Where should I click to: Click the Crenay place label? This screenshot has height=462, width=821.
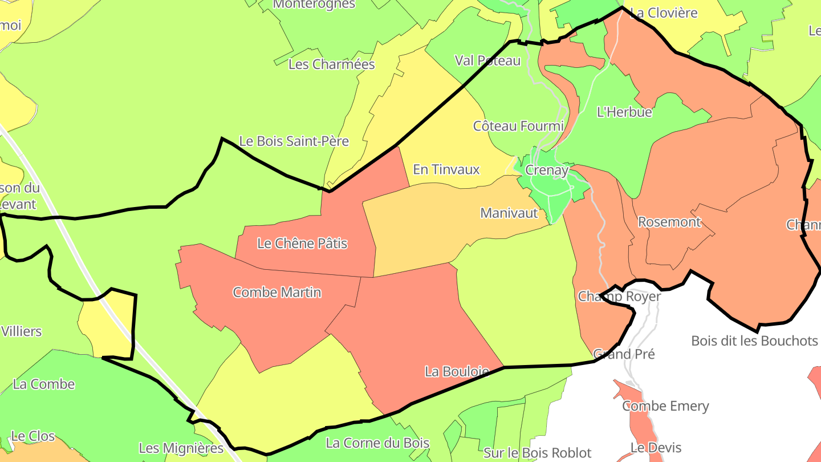tap(547, 170)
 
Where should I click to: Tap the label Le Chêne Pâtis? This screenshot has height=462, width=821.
tap(302, 244)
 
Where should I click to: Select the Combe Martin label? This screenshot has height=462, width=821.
tap(277, 293)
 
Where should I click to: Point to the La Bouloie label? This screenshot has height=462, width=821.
tap(457, 371)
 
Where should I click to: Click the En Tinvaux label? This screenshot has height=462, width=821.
tap(446, 169)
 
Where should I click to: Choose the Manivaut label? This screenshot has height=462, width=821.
tap(509, 213)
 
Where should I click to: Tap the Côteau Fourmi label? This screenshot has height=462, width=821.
tap(518, 126)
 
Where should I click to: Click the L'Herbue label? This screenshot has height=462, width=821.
tap(624, 112)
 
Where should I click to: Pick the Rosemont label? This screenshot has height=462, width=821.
tap(669, 222)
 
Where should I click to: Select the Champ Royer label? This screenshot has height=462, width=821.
tap(619, 297)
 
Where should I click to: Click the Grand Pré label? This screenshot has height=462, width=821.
tap(624, 354)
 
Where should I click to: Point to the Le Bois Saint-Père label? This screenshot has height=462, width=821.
tap(294, 141)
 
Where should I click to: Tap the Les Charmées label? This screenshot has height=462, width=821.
tap(332, 64)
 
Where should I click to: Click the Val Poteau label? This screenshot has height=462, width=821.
tap(487, 60)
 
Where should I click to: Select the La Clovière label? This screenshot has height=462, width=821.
tap(664, 13)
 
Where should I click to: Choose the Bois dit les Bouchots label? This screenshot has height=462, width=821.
tap(754, 341)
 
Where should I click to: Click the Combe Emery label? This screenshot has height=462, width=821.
tap(665, 406)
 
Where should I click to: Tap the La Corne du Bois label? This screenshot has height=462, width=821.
tap(377, 443)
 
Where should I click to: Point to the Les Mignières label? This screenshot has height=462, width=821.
tap(181, 448)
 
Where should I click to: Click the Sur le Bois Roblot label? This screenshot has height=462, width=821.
tap(537, 453)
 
